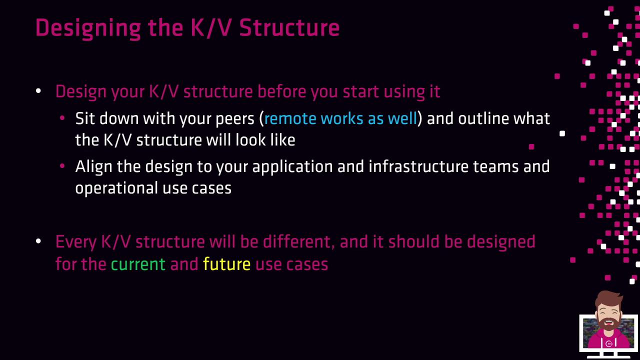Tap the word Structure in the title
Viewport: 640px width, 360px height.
coord(289,27)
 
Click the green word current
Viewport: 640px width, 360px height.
coord(138,264)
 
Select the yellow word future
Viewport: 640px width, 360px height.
coord(227,263)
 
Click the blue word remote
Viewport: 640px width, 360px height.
coord(290,118)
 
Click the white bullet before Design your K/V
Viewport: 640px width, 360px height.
coord(38,91)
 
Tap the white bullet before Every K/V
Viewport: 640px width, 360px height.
coord(38,241)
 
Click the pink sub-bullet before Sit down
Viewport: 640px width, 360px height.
coord(62,117)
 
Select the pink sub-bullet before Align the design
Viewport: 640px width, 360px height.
coord(62,165)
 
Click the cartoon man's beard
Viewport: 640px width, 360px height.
coord(608,326)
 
